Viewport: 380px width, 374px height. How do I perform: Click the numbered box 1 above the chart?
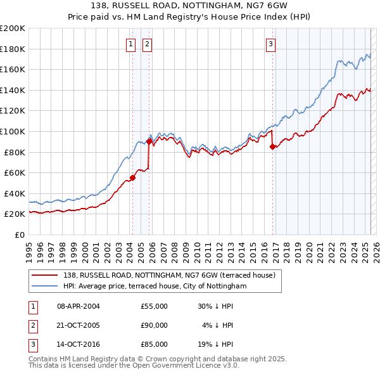point(130,44)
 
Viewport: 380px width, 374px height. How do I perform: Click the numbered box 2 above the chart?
point(147,44)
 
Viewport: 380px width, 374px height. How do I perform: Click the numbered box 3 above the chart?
point(270,44)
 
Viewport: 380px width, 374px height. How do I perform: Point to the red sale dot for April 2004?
point(132,177)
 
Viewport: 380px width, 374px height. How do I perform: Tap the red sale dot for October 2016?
point(272,146)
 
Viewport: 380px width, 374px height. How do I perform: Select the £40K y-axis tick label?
point(15,193)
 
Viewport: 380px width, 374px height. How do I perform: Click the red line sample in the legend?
point(44,276)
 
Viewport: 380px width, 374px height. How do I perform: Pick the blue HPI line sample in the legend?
point(44,286)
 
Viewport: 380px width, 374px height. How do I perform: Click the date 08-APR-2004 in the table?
point(79,306)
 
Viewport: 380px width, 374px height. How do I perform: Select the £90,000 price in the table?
point(155,325)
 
